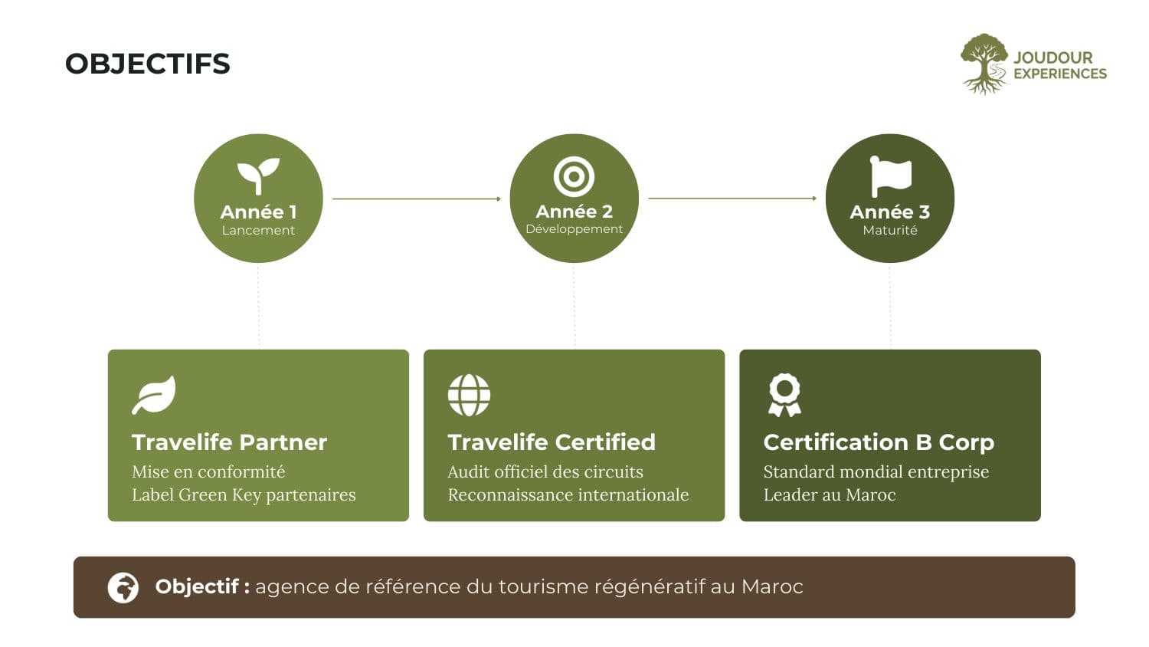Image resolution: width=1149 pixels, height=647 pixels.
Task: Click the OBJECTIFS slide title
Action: tap(148, 64)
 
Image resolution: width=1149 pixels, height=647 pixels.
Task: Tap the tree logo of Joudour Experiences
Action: tap(984, 64)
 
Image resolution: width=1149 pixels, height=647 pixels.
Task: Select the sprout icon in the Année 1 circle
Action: tap(259, 176)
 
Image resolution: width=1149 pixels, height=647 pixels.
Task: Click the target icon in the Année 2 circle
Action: tap(574, 176)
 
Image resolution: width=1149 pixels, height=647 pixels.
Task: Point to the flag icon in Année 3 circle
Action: tap(890, 176)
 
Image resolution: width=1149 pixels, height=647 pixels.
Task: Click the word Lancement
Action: tap(259, 230)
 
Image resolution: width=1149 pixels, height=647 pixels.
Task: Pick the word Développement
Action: tap(574, 229)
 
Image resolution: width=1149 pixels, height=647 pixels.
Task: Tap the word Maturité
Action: tap(890, 230)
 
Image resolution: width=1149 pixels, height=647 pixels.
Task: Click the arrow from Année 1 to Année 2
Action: tap(417, 199)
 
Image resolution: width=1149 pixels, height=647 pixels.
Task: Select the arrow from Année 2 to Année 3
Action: tap(732, 199)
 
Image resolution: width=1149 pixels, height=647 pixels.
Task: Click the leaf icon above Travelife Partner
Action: tap(154, 395)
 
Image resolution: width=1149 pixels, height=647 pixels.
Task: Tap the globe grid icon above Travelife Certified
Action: tap(469, 395)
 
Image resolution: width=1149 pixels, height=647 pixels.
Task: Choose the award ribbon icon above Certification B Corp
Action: tap(785, 395)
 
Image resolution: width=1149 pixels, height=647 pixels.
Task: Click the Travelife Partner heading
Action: tap(229, 442)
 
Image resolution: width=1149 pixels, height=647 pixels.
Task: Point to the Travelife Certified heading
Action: tap(552, 442)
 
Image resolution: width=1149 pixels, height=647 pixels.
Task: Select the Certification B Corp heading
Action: tap(879, 442)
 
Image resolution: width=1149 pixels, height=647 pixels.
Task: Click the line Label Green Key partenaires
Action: tap(244, 494)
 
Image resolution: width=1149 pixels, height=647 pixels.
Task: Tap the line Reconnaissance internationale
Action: tap(568, 494)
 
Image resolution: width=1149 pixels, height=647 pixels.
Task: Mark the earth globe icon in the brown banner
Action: tap(123, 587)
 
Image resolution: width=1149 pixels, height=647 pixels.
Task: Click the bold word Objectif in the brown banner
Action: tap(197, 586)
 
